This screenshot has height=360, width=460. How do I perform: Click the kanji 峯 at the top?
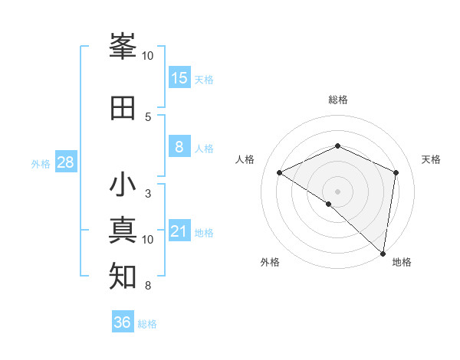tap(123, 48)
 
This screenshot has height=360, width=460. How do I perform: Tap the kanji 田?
tap(123, 108)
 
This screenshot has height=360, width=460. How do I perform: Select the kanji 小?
tap(123, 186)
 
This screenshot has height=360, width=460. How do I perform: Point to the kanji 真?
tap(123, 231)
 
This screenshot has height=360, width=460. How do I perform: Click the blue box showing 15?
tap(179, 78)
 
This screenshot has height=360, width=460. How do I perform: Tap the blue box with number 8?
tap(179, 147)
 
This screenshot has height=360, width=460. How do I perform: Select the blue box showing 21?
tap(179, 232)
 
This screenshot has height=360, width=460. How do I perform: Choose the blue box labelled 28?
tap(65, 162)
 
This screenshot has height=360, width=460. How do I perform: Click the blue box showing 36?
tap(123, 322)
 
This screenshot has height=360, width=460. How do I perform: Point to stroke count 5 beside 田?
tap(148, 116)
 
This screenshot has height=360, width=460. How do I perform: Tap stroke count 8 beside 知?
tap(148, 286)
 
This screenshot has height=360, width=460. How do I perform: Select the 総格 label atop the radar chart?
tap(338, 100)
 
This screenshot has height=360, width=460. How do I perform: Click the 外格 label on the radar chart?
tap(270, 262)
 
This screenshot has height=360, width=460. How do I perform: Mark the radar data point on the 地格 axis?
tap(383, 253)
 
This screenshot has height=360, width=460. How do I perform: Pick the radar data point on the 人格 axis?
tap(280, 173)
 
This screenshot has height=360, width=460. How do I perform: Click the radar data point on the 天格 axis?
tap(396, 172)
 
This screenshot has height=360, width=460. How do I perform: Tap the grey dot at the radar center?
tap(337, 191)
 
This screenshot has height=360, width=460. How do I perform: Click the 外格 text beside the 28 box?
tap(41, 163)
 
